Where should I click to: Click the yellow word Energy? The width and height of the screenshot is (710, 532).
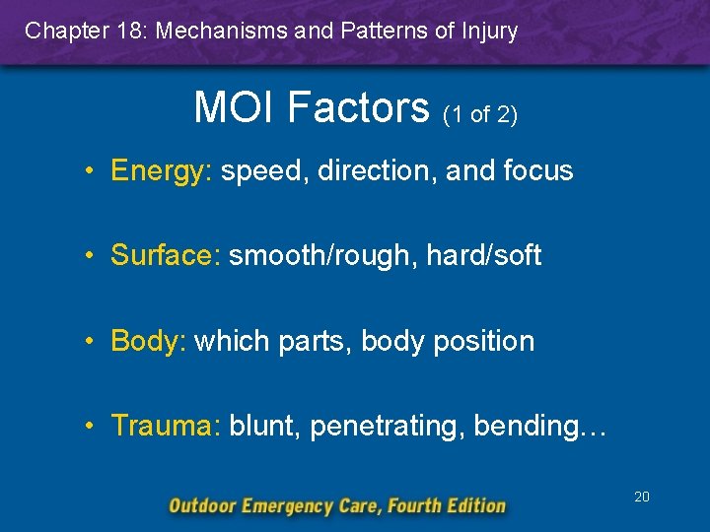162,171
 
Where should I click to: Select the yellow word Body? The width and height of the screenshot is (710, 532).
149,342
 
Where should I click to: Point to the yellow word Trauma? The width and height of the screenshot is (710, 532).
167,426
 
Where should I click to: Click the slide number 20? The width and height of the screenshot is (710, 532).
641,497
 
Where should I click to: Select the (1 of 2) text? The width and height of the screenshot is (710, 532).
480,114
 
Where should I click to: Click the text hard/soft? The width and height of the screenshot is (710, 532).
484,256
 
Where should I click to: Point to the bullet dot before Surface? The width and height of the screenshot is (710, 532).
90,256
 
